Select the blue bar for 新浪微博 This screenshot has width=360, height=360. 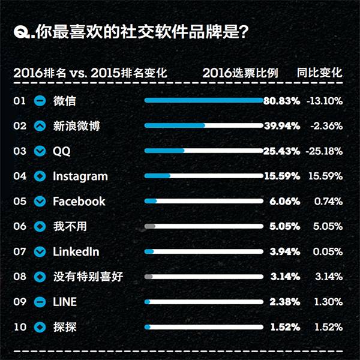pos(175,126)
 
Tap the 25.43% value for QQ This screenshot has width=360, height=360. pos(281,151)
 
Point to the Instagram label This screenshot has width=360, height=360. pos(80,176)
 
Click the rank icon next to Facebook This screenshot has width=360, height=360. pos(40,202)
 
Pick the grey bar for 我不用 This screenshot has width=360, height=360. pos(150,226)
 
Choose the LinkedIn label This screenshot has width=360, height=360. pos(76,252)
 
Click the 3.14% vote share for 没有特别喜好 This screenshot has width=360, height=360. pos(284,277)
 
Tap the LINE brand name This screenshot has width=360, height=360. pos(65,302)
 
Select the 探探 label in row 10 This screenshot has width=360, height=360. pos(64,328)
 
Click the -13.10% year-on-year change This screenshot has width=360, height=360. pos(324,101)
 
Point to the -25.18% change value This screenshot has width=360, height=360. pos(324,151)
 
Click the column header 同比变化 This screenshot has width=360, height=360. pos(319,73)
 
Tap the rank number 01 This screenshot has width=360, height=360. pos(20,101)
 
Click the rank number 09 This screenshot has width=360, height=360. pos(20,302)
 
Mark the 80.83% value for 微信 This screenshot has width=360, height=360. pos(281,101)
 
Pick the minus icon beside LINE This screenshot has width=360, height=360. pos(40,302)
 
